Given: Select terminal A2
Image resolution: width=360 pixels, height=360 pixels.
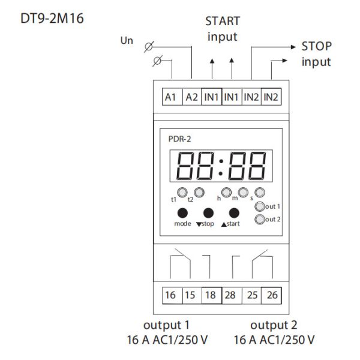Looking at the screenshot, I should tap(191, 97).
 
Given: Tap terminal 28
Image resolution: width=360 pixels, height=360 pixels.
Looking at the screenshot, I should tap(231, 296).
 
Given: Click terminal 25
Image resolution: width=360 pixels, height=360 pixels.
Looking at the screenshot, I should tap(251, 296).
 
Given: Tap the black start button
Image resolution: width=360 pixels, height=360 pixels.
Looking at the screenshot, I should tap(235, 213).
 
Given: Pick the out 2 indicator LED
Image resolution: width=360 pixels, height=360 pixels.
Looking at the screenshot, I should tap(259, 220).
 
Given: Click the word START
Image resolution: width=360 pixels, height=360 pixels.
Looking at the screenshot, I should tap(223, 22).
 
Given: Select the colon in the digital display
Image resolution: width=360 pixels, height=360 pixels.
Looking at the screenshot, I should tap(221, 166).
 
